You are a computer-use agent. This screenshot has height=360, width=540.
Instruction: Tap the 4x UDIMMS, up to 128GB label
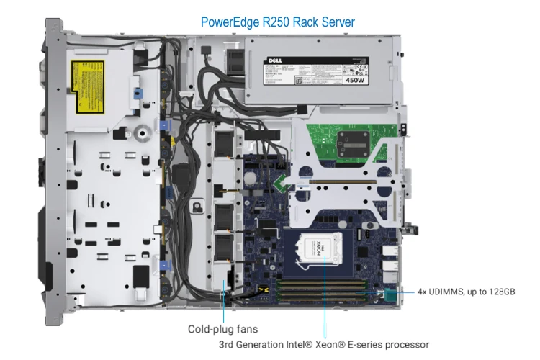(x=466, y=292)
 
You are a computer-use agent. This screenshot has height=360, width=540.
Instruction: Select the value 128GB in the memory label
(x=500, y=292)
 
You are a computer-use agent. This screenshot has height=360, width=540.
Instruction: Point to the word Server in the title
(x=338, y=22)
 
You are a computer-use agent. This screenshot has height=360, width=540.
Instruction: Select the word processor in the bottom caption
(x=407, y=344)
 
